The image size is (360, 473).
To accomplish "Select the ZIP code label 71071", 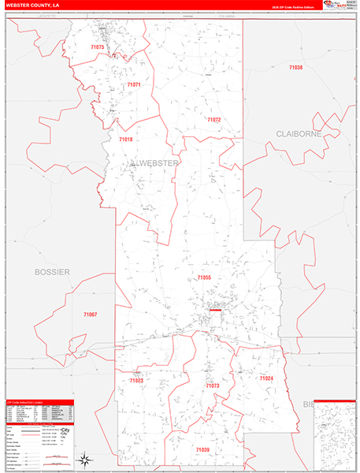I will click(134, 84).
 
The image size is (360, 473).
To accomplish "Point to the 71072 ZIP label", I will click(213, 119).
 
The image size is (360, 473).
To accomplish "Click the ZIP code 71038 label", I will click(295, 68).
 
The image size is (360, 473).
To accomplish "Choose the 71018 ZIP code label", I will click(126, 139).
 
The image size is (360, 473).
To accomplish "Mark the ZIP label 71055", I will click(204, 277).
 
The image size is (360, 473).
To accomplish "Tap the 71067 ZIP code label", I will click(91, 315).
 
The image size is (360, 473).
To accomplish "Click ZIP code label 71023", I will click(135, 381).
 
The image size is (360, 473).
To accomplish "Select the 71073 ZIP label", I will click(212, 386).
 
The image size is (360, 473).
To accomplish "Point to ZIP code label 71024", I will click(266, 378).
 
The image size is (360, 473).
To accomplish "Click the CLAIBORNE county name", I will click(299, 134).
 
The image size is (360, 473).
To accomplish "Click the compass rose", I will click(84, 460).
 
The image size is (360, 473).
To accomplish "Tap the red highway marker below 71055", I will click(214, 310).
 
